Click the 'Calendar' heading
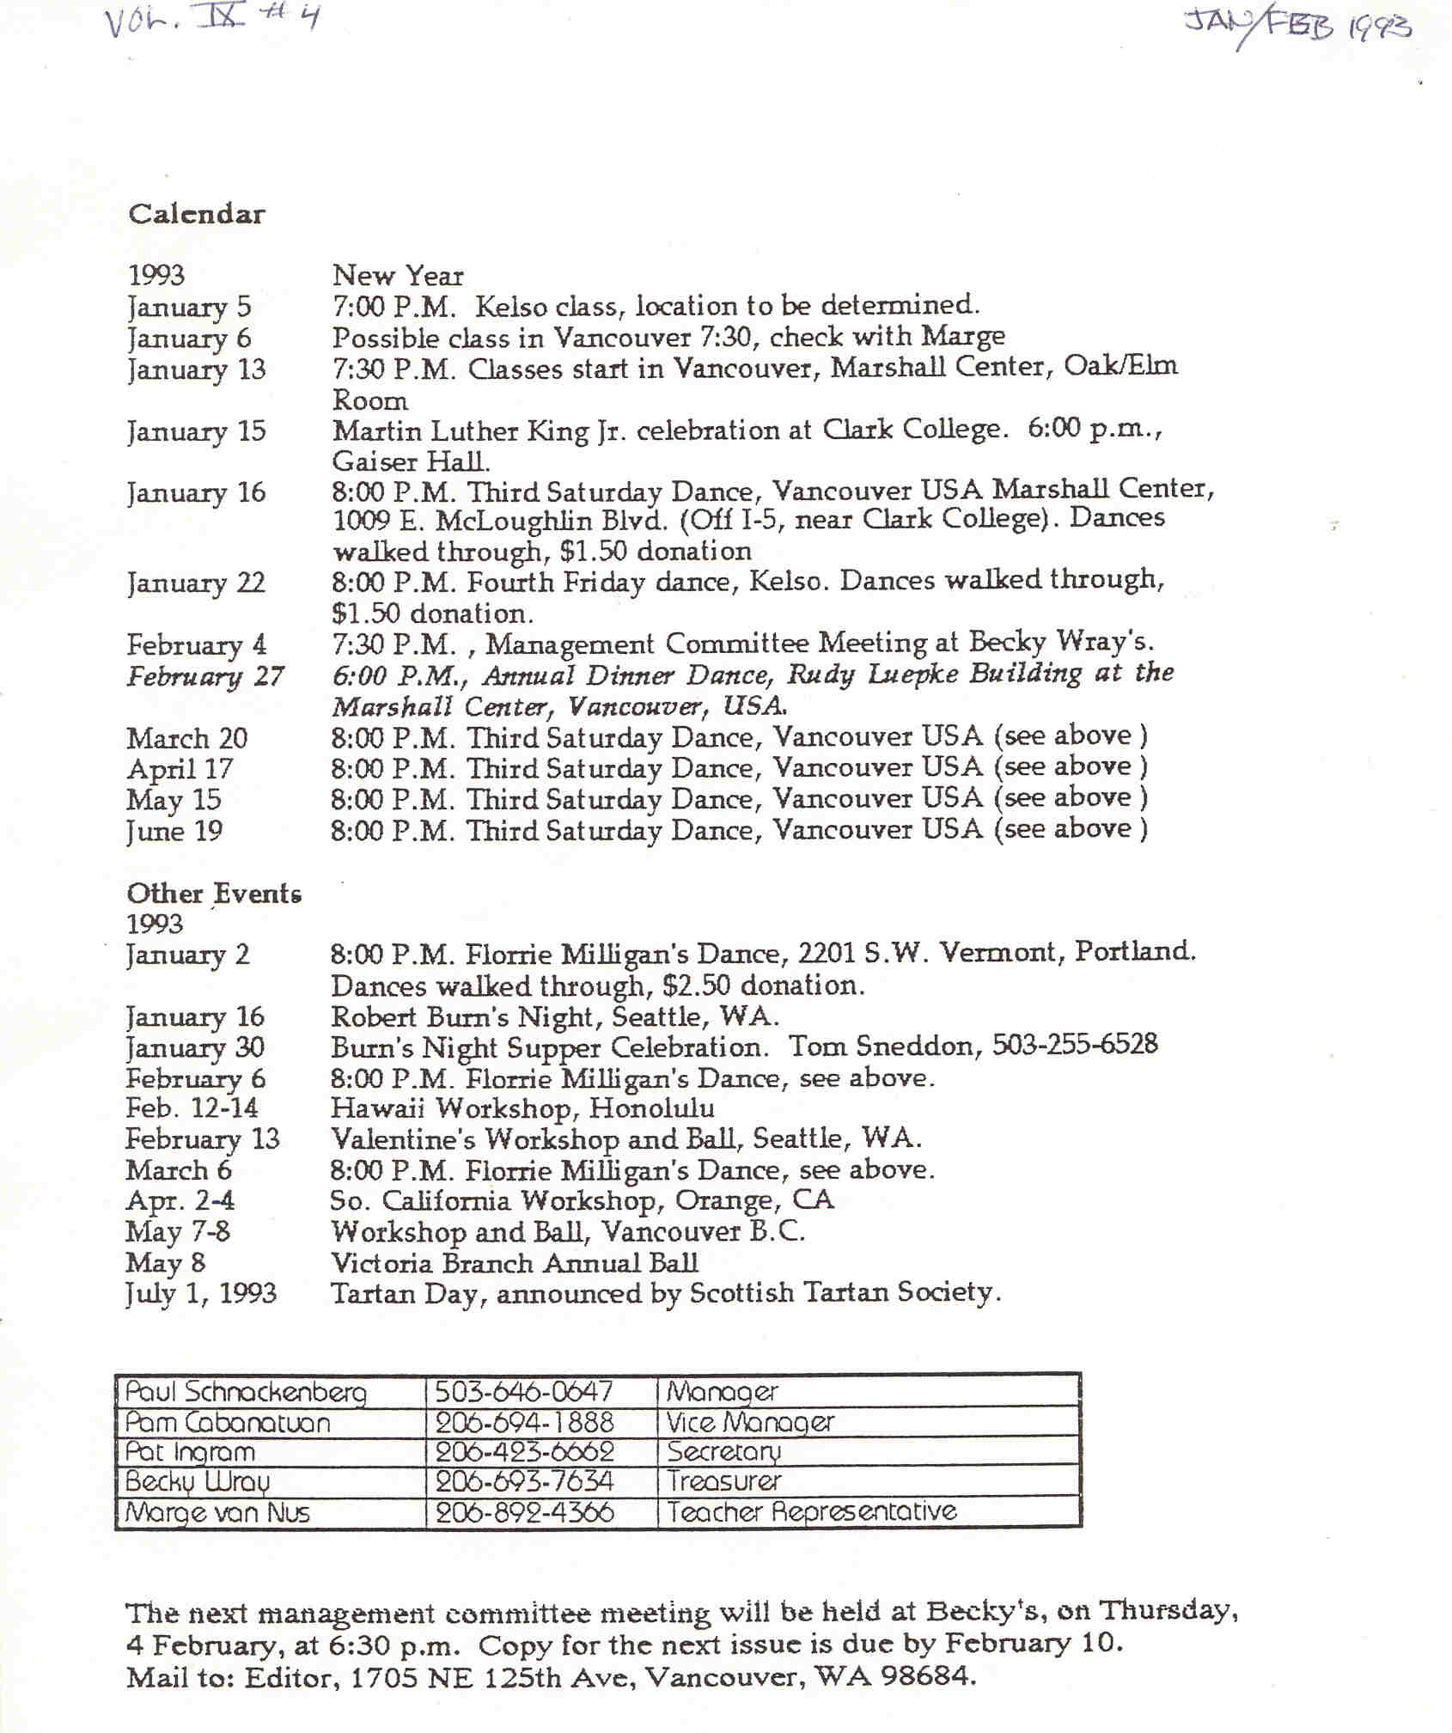(197, 214)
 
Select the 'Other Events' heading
(214, 894)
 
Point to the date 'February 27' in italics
(205, 676)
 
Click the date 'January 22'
(196, 583)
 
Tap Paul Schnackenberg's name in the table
(246, 1392)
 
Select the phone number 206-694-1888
(524, 1422)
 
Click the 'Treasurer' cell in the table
(724, 1480)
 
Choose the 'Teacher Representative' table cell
(811, 1511)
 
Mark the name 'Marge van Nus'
(217, 1512)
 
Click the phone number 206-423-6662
(524, 1451)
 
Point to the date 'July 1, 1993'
(201, 1293)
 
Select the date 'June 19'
(174, 831)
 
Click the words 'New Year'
(398, 276)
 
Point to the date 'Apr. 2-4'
(180, 1200)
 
